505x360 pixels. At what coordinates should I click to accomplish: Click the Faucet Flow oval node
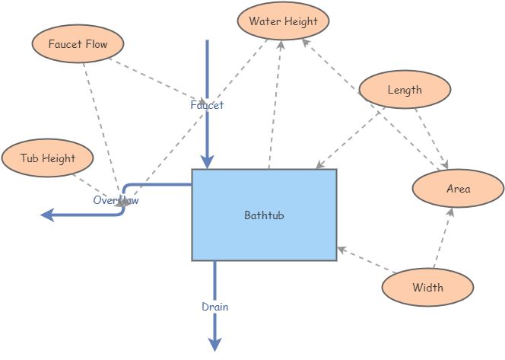[x=78, y=44]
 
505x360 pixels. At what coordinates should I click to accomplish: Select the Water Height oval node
[x=283, y=21]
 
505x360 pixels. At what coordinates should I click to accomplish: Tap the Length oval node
[x=404, y=90]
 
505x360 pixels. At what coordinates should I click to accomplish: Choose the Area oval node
[x=458, y=189]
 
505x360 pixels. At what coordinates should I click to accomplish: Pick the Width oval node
[x=427, y=288]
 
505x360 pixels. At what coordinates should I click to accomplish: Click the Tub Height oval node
[x=48, y=158]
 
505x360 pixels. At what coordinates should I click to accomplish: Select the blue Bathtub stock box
[x=264, y=215]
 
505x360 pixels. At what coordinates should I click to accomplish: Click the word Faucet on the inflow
[x=207, y=105]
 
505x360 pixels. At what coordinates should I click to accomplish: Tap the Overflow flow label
[x=116, y=200]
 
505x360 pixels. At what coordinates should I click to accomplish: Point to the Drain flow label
[x=214, y=307]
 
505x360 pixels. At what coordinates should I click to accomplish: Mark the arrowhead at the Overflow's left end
[x=47, y=215]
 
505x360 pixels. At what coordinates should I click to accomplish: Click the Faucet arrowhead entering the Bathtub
[x=207, y=161]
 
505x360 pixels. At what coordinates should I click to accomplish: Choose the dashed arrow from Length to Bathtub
[x=350, y=138]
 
